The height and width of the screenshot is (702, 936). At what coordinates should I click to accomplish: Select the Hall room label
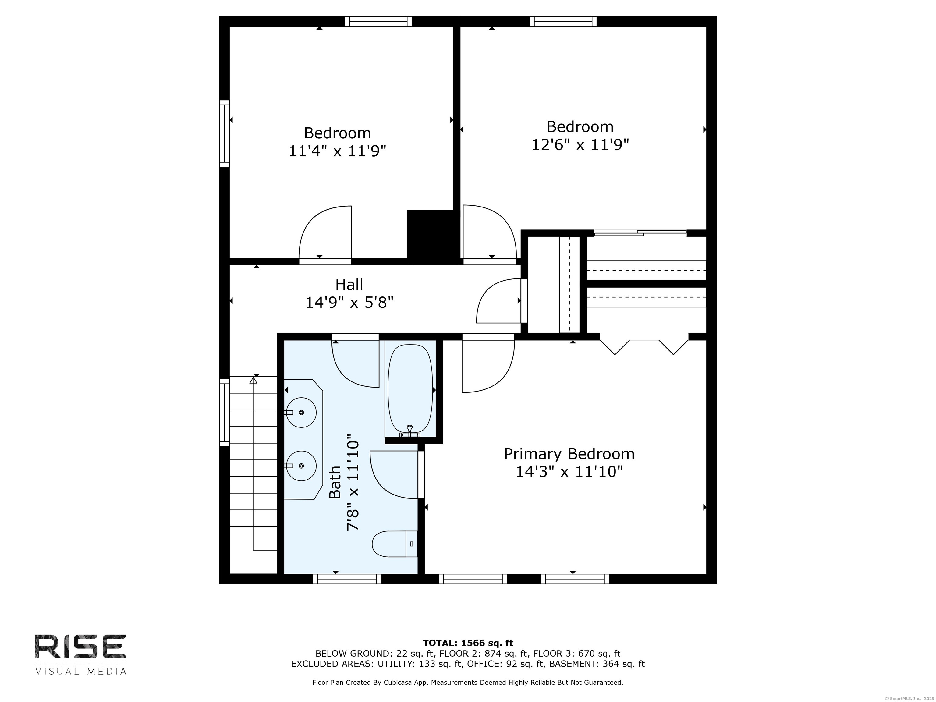click(x=349, y=284)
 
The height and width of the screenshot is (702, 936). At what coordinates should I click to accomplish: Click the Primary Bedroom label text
click(x=569, y=454)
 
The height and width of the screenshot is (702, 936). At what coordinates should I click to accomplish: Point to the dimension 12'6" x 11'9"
click(x=580, y=145)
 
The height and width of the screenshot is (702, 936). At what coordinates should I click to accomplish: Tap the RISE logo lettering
click(x=80, y=647)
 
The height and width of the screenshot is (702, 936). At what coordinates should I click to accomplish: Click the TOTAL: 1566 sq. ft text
click(x=468, y=643)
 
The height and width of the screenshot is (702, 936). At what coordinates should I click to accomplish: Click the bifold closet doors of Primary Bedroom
click(x=644, y=344)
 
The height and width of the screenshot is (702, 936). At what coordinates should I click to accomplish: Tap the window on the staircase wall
click(x=224, y=413)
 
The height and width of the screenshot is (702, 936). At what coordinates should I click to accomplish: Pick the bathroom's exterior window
click(x=347, y=579)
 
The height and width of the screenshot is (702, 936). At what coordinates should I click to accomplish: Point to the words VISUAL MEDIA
click(x=81, y=672)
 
